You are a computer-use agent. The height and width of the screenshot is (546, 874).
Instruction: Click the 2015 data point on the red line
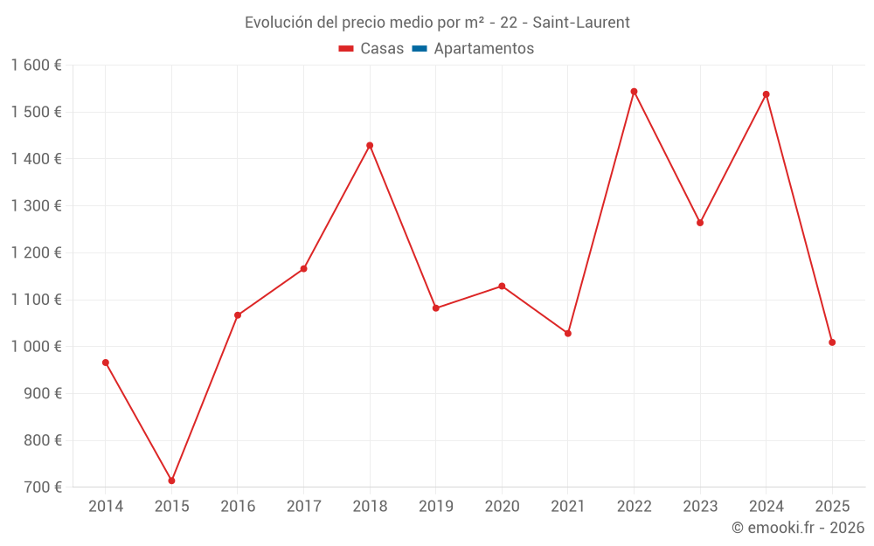pos(171,480)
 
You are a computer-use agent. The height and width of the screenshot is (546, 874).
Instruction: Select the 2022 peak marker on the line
pos(634,92)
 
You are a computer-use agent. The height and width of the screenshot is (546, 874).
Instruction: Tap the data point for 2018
pos(370,145)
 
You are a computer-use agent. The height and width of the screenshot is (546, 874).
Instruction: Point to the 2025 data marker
pos(832,342)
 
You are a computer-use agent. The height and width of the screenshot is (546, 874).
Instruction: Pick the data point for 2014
pos(106,363)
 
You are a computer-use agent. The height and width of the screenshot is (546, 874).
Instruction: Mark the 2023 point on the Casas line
pos(700,223)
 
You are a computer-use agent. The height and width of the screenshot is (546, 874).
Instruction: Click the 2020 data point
pos(502,287)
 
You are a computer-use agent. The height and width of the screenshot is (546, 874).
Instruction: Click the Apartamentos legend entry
pos(483,49)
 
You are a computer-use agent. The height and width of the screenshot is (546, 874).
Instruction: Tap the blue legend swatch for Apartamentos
pos(419,49)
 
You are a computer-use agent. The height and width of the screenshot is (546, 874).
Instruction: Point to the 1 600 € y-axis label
pos(37,66)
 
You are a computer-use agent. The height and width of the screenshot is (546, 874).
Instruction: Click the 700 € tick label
pos(44,487)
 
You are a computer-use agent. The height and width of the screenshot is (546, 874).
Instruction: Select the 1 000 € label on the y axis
pos(37,347)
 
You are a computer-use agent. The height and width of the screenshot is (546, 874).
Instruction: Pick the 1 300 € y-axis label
pos(37,206)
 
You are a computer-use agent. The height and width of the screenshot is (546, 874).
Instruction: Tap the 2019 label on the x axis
pos(435,507)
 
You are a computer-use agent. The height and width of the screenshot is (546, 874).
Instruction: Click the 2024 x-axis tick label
pos(766,507)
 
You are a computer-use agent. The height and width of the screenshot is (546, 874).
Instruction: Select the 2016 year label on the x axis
pos(238,507)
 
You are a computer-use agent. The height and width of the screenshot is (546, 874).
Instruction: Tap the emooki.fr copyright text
pos(798,528)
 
